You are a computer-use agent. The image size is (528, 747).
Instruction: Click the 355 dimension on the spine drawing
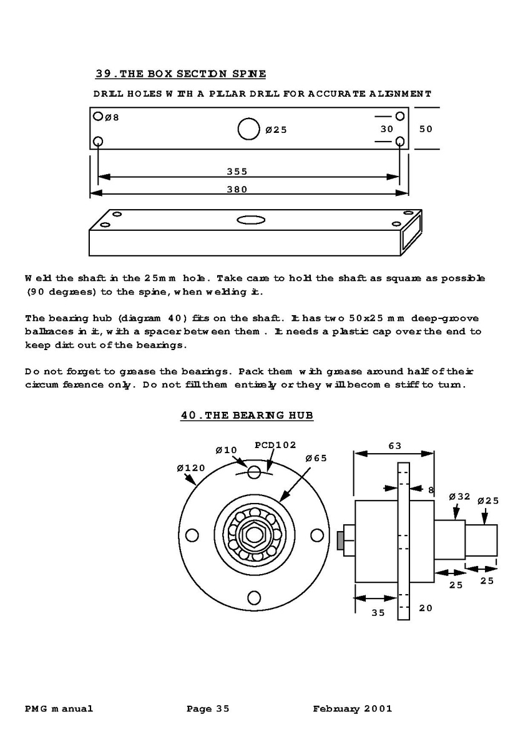coord(237,172)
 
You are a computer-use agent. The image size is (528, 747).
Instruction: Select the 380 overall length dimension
coord(237,189)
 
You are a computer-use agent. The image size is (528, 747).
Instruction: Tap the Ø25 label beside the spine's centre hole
coord(276,130)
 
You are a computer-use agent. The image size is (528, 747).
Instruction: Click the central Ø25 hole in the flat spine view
coord(248,129)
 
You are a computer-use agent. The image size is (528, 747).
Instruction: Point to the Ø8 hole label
coord(112,117)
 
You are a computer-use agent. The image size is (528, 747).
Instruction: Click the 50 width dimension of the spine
coord(426,129)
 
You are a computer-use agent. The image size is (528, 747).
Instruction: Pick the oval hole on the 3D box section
coord(250,220)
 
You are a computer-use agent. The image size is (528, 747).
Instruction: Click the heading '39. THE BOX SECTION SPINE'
coord(180,74)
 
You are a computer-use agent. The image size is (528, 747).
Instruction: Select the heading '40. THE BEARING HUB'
coord(247,415)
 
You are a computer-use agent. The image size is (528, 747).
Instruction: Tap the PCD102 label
coord(275,445)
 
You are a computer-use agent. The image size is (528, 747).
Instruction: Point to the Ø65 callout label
coord(316,457)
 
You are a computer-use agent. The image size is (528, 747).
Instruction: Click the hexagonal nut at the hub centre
coord(254,535)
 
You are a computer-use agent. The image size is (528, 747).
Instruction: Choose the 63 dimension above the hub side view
coord(394,446)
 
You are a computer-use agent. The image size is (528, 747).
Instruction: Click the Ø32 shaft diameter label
coord(459,497)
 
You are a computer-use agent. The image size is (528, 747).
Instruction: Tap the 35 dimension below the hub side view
coord(378,612)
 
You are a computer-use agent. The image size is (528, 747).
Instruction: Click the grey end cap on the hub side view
coord(340,540)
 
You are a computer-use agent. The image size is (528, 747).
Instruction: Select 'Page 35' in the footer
coord(208,708)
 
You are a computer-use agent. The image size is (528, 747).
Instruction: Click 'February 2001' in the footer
coord(353,708)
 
